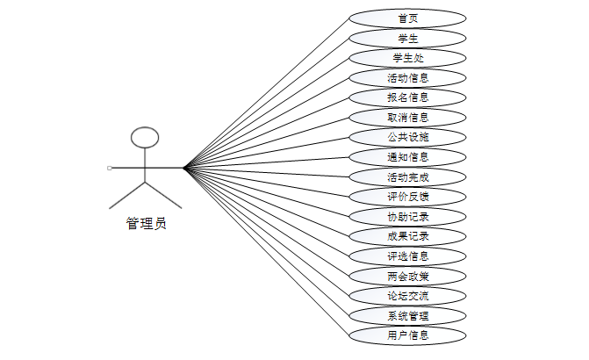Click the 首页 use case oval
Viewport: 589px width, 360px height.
coord(407,18)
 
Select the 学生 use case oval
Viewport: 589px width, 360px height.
coord(407,38)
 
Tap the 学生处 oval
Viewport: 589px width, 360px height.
coord(407,58)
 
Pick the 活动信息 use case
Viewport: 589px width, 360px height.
coord(407,77)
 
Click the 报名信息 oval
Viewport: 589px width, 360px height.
coord(407,97)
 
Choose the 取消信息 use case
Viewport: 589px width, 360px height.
coord(407,117)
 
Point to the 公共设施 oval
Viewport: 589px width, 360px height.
coord(407,137)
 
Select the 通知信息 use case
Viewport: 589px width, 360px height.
coord(407,157)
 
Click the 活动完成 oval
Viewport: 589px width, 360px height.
coord(407,176)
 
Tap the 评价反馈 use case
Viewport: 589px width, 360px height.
coord(407,196)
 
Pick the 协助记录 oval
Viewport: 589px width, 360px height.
coord(407,216)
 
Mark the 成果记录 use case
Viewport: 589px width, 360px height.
coord(407,235)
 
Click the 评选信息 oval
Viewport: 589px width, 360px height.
coord(407,256)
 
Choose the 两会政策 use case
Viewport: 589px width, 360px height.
coord(407,276)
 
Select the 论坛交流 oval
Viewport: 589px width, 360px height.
coord(407,295)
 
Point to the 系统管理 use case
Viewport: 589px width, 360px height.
coord(407,314)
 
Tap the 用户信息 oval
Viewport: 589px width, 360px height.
coord(407,335)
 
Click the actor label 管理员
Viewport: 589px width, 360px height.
coord(146,223)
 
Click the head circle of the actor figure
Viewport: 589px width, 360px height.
coord(145,137)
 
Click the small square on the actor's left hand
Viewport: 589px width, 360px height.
coord(110,167)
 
